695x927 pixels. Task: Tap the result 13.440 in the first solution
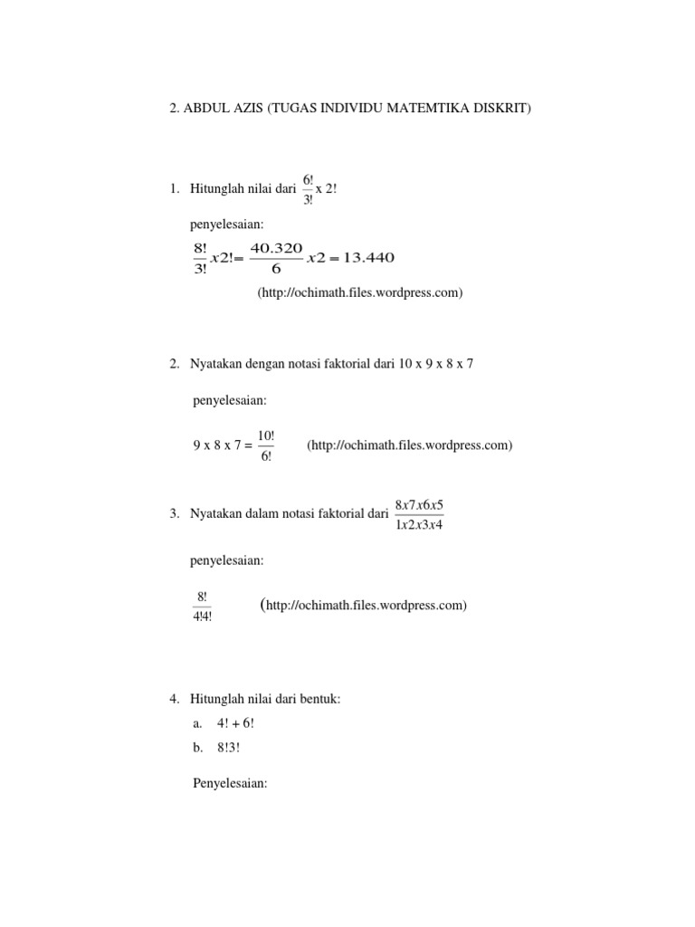tap(367, 258)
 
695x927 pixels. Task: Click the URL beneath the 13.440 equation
tap(360, 292)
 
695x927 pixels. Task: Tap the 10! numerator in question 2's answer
tap(266, 436)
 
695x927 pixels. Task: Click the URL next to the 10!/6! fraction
tap(410, 445)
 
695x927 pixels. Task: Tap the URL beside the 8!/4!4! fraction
tap(364, 605)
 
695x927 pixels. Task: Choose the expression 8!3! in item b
tap(228, 748)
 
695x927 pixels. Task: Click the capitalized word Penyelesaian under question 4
tap(230, 783)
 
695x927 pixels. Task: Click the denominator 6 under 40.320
tap(276, 269)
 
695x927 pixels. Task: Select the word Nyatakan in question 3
tap(214, 514)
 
